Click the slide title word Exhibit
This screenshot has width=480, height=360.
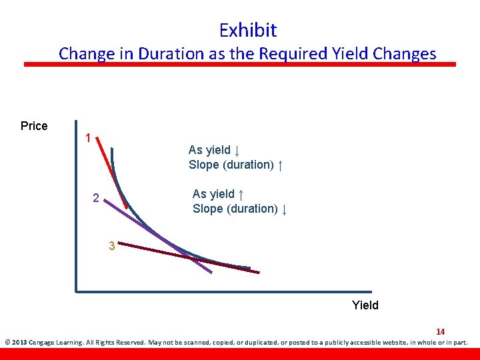[x=247, y=30]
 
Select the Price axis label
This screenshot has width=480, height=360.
[x=34, y=126]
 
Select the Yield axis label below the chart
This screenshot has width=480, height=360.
[x=365, y=305]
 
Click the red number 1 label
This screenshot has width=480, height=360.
[x=87, y=139]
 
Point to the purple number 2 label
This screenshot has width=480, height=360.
[x=96, y=198]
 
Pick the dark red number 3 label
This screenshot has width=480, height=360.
[x=112, y=247]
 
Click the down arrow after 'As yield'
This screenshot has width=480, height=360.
[x=237, y=150]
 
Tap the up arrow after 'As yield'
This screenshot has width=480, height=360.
[x=241, y=194]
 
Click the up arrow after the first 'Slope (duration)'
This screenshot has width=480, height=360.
[x=281, y=165]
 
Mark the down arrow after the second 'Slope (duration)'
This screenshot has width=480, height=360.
[x=285, y=209]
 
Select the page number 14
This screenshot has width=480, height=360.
[x=440, y=331]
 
